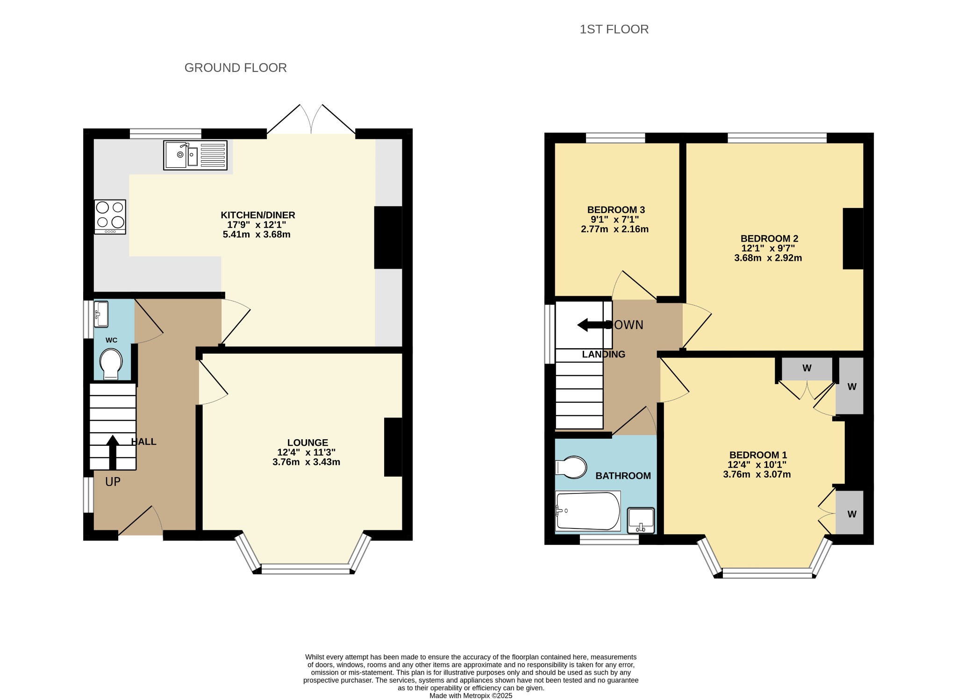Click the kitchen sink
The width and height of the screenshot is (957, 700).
(x=195, y=155)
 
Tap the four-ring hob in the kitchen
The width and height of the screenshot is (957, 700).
(x=110, y=217)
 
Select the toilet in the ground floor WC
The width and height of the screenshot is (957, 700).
(x=111, y=364)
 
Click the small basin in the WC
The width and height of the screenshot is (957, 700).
(x=101, y=314)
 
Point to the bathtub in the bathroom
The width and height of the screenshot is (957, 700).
(x=588, y=511)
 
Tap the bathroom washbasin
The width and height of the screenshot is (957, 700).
(x=641, y=521)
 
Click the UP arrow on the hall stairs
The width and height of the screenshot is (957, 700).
(x=113, y=452)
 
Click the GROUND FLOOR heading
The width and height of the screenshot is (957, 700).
(x=236, y=68)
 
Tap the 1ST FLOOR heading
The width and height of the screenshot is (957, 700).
(x=614, y=29)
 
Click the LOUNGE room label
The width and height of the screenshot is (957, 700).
(x=307, y=443)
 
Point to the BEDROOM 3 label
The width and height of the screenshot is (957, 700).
(x=616, y=210)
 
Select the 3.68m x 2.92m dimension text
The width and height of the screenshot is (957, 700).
(x=768, y=258)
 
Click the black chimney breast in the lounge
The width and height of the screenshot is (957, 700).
(x=393, y=447)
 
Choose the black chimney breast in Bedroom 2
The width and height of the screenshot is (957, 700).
(x=853, y=238)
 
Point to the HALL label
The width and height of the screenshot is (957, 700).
(x=143, y=442)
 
